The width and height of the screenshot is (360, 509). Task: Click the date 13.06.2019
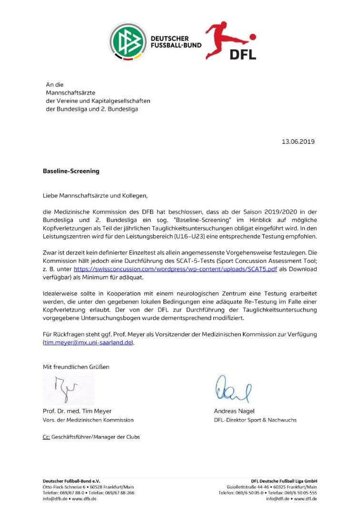pyautogui.click(x=298, y=141)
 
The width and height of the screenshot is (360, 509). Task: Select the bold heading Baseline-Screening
pyautogui.click(x=71, y=171)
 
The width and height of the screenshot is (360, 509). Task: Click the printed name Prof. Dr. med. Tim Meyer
pyautogui.click(x=77, y=411)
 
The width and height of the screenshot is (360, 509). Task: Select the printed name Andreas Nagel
pyautogui.click(x=234, y=411)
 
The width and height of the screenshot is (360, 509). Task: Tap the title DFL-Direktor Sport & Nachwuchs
pyautogui.click(x=255, y=420)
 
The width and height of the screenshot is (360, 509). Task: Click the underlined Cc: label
pyautogui.click(x=46, y=437)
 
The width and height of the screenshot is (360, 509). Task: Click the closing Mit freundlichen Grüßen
pyautogui.click(x=76, y=367)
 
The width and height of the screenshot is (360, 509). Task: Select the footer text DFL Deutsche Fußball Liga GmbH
pyautogui.click(x=284, y=481)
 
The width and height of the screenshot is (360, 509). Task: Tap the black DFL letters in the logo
pyautogui.click(x=243, y=55)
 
